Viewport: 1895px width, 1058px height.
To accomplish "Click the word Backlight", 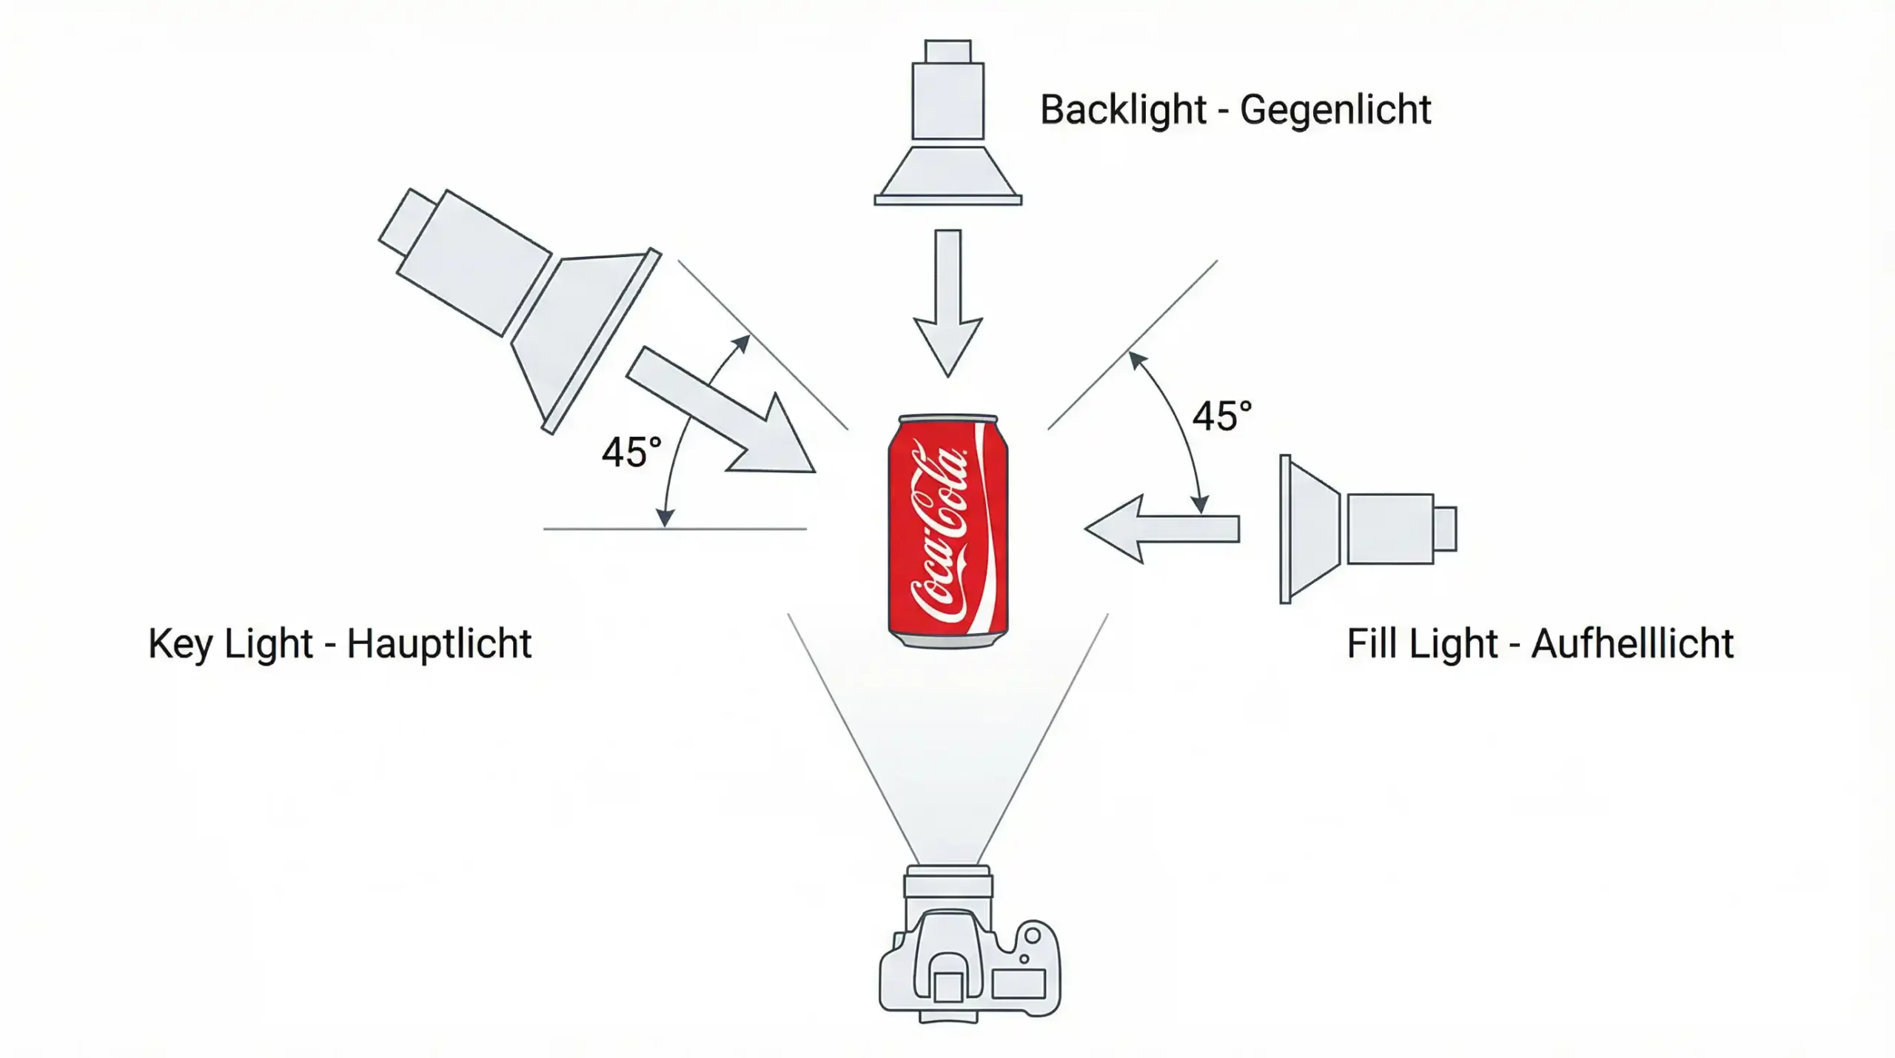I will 1123,110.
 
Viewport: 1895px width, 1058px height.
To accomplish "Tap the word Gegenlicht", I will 1335,110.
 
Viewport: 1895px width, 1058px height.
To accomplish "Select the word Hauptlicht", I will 439,643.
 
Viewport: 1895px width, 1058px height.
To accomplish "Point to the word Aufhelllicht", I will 1632,643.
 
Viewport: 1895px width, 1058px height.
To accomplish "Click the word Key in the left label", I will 181,643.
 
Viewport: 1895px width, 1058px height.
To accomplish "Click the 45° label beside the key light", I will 631,452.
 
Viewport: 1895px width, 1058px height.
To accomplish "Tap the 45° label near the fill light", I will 1221,416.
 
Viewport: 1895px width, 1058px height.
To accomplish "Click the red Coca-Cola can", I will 947,530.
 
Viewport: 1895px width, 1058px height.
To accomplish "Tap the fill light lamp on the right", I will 1362,529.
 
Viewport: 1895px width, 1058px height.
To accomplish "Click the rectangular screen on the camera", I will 1019,984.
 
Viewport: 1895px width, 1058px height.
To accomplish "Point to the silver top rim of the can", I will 948,419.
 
